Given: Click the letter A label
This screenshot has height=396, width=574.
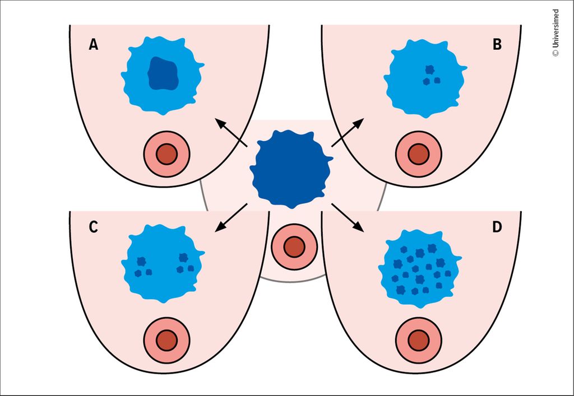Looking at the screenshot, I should click(x=94, y=45).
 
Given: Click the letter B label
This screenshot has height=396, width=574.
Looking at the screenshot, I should click(x=497, y=45).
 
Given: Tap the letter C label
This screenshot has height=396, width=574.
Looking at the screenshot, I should click(x=94, y=227).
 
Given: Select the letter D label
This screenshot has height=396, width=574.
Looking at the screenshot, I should click(x=497, y=227).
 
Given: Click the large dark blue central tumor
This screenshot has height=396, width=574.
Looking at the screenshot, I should click(x=291, y=169).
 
